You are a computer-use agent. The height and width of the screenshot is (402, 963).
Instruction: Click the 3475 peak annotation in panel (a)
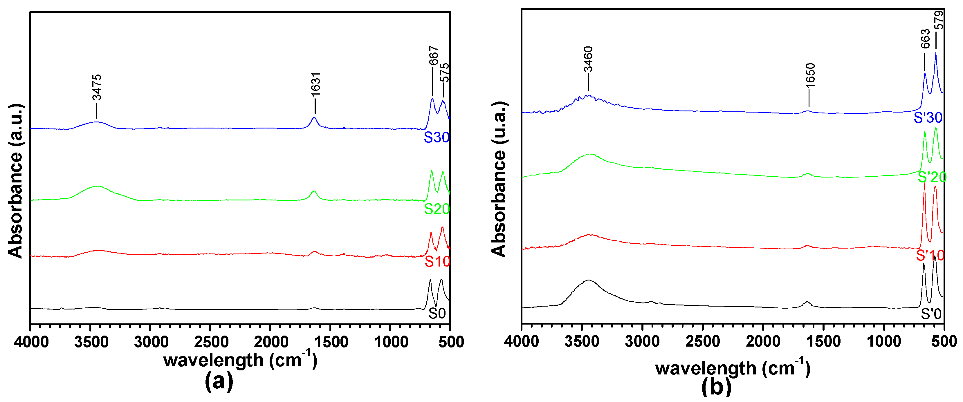click(97, 87)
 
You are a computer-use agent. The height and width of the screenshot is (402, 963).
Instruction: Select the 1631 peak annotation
click(316, 84)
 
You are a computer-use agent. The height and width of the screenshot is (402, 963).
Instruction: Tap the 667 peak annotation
click(433, 56)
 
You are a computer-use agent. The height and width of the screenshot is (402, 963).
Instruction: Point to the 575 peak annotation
click(444, 73)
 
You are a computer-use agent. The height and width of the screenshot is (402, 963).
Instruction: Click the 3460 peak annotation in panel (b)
click(588, 59)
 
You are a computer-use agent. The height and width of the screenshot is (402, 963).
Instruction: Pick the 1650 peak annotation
click(810, 75)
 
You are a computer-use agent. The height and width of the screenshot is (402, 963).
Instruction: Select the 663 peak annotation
click(925, 39)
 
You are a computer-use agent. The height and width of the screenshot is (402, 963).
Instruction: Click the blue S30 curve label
click(436, 137)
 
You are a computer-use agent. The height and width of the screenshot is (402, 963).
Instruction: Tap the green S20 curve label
click(436, 209)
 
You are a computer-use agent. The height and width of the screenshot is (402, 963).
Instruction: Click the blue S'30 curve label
click(928, 118)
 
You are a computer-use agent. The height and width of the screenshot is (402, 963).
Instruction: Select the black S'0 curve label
click(931, 314)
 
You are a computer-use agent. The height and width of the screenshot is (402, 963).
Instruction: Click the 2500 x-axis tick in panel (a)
click(210, 342)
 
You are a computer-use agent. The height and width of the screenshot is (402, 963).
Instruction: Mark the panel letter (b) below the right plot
click(716, 386)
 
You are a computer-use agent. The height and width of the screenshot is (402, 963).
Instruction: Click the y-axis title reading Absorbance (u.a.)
click(499, 179)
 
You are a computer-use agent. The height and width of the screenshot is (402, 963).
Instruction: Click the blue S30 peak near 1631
click(314, 118)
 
